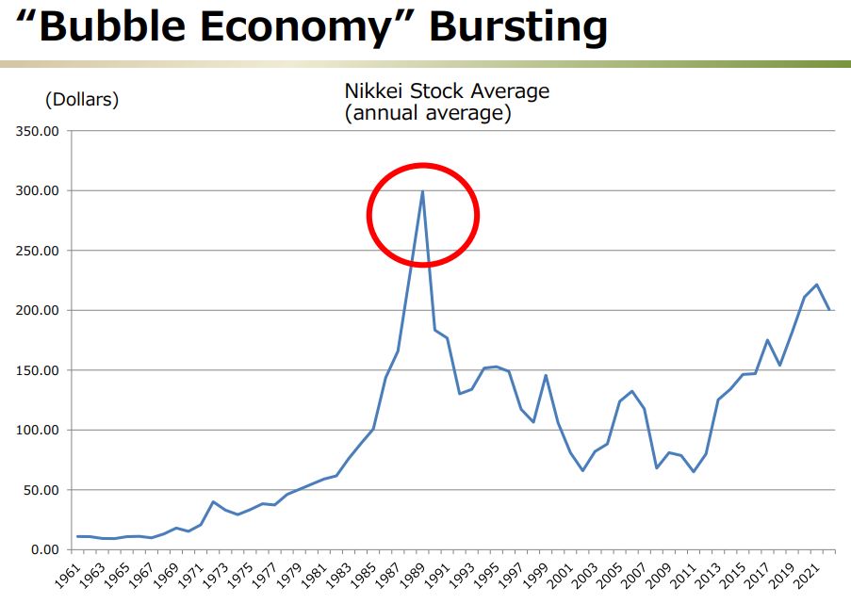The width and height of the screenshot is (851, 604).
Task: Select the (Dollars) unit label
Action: click(82, 100)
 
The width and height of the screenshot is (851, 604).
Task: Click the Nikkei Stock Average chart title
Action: click(446, 91)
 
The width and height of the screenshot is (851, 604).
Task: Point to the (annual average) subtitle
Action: click(427, 114)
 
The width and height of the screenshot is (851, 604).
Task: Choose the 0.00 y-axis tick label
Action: click(42, 549)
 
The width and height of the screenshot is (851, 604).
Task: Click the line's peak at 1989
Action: click(422, 191)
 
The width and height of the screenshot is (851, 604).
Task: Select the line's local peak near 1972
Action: click(213, 501)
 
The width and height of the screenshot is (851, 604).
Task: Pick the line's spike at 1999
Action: click(546, 375)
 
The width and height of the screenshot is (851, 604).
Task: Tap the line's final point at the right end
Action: click(829, 309)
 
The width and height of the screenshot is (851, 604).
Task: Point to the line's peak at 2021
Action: click(817, 285)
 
